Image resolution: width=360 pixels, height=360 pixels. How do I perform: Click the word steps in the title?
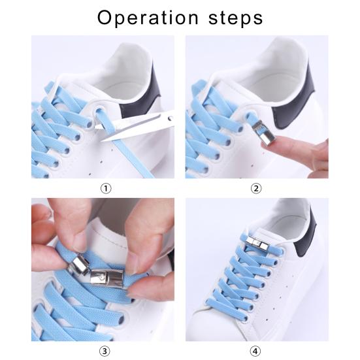(232, 18)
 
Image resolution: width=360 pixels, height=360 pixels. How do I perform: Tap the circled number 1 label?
(106, 188)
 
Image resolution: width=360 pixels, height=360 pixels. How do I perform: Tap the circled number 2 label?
(256, 188)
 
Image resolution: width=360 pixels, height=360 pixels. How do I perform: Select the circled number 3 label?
(106, 350)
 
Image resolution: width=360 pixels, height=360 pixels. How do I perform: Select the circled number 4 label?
(256, 350)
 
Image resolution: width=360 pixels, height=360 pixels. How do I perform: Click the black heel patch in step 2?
(313, 91)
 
